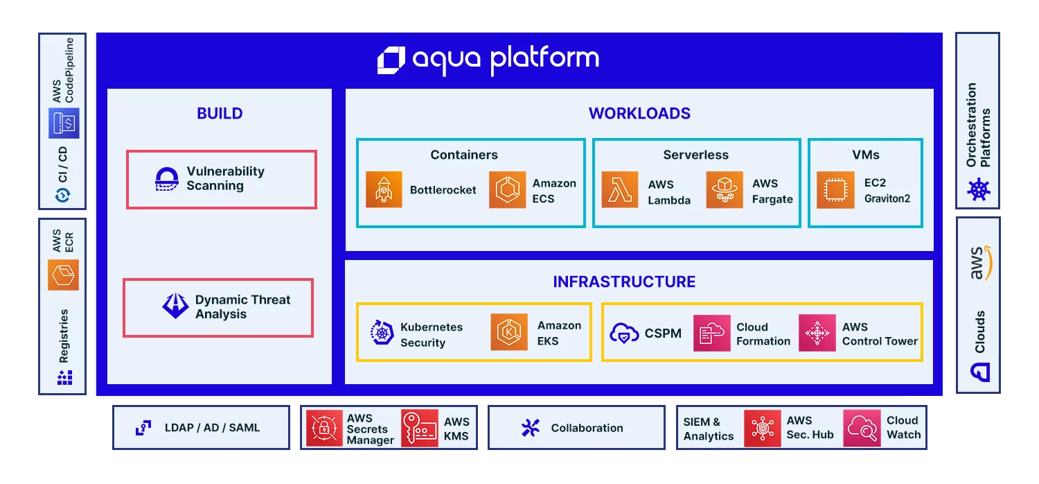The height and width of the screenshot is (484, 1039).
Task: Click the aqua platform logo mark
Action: point(391,60)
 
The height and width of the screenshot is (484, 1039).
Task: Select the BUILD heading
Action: point(220,114)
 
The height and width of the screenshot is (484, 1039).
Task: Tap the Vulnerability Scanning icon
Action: point(167,179)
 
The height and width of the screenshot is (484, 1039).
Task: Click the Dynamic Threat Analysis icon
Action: point(175,306)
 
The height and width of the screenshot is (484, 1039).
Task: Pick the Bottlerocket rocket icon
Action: point(384,190)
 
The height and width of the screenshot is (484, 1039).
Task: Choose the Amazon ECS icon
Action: point(507,190)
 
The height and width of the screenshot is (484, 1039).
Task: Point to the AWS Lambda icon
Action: point(620,190)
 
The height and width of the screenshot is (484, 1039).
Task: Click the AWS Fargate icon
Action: point(725,190)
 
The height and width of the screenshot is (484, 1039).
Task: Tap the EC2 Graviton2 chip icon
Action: point(835,190)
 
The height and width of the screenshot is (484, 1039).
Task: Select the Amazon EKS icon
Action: point(509,332)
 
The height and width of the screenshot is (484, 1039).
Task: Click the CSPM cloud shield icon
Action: point(624,334)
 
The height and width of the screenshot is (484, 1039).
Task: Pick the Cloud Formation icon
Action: point(711,334)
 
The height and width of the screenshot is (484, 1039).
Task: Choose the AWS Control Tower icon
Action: point(817,334)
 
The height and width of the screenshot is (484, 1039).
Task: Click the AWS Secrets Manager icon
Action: point(324,429)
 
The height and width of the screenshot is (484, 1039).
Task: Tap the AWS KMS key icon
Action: point(419,429)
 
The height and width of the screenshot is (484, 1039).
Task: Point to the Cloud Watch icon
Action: point(861,429)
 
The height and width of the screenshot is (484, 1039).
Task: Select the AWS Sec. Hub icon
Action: point(763,429)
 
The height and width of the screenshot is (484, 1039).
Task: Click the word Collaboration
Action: point(587,429)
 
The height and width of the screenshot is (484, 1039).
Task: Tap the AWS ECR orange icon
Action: point(63,275)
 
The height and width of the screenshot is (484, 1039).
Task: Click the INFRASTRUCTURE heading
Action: point(624,282)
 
